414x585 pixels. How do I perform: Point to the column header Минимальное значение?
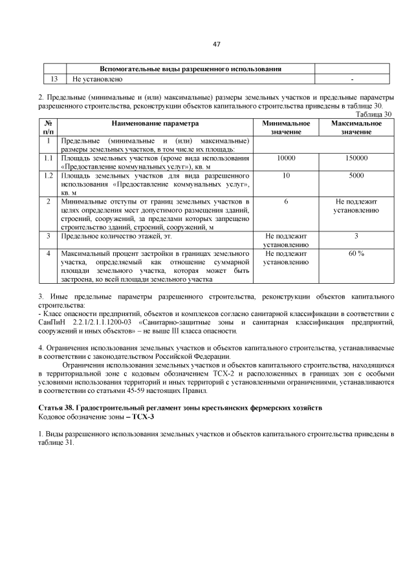[x=285, y=127]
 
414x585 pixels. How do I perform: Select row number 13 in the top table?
[x=54, y=79]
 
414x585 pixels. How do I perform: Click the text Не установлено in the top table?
[x=97, y=79]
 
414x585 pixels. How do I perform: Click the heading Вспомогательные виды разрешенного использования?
[x=190, y=69]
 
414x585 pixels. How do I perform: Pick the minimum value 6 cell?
[x=285, y=202]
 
